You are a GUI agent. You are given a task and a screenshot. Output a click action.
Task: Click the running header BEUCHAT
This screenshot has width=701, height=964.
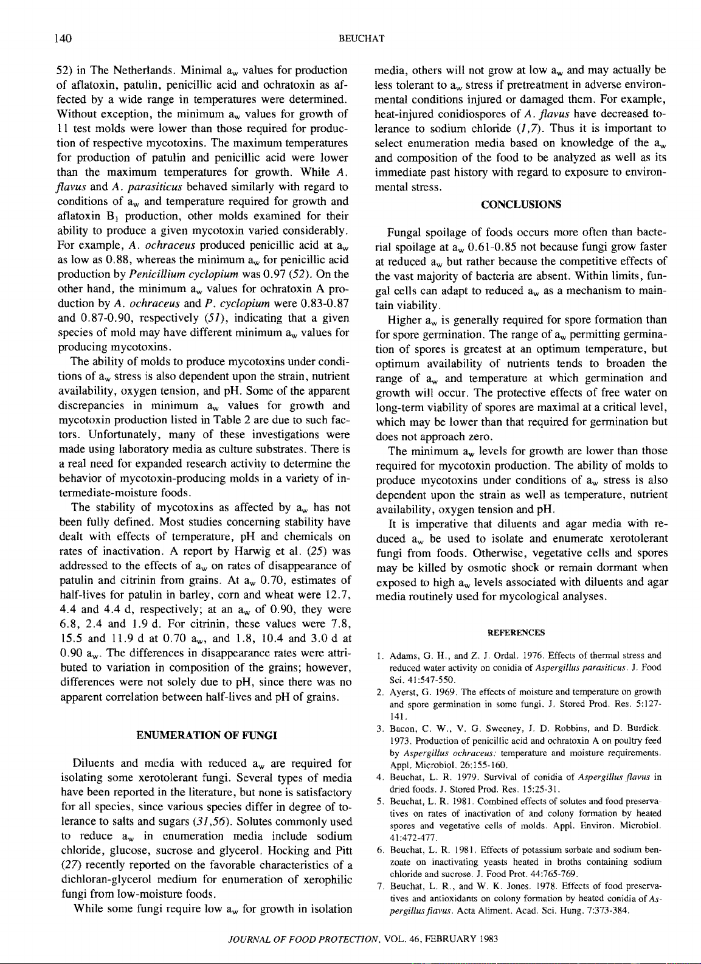tap(361, 39)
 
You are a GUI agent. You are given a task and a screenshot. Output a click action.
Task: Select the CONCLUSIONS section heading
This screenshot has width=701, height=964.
tap(521, 204)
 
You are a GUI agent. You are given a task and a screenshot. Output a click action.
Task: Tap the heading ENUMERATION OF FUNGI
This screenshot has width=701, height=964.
tap(207, 735)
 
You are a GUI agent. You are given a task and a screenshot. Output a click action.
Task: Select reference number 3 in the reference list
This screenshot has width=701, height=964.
tap(379, 729)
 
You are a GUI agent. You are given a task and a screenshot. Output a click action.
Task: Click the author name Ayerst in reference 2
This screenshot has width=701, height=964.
tap(403, 692)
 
